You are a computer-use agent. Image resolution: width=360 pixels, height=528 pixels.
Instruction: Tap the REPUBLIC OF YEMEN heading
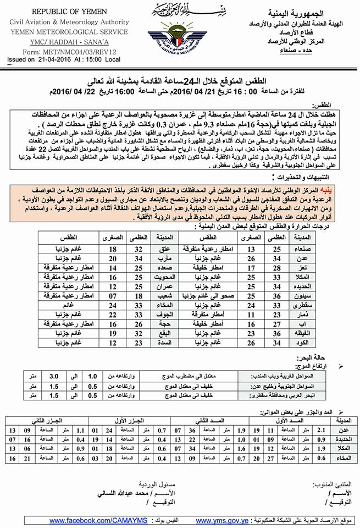[x=65, y=11]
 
